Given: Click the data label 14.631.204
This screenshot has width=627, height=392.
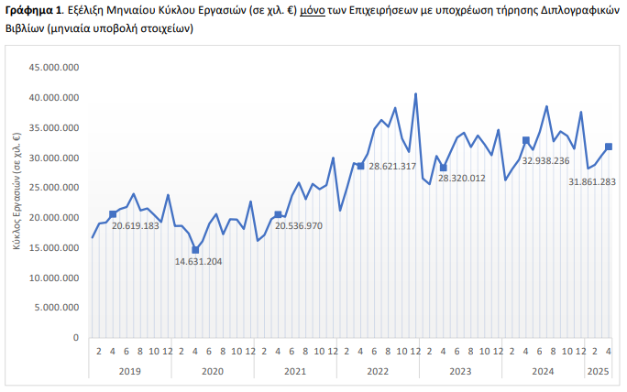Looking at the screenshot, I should click(198, 261).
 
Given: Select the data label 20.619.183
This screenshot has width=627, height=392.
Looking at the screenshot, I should click(136, 225).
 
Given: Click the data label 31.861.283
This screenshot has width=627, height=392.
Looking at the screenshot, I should click(591, 181).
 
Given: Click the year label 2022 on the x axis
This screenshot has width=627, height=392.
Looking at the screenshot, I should click(378, 371).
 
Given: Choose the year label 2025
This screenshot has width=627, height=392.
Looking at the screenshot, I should click(598, 371).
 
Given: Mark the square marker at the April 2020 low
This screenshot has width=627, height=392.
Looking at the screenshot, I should click(195, 250).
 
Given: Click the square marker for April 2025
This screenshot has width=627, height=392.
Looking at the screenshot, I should click(609, 147).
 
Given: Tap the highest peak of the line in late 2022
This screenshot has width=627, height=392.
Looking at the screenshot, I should click(415, 93).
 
